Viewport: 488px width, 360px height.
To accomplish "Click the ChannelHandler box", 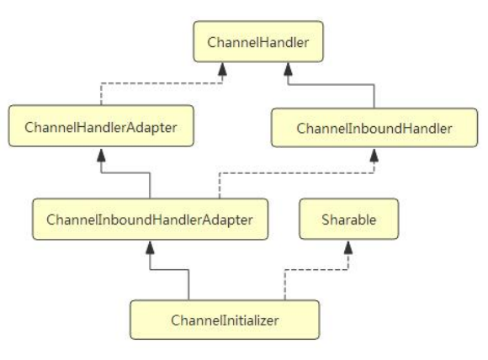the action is click(258, 41).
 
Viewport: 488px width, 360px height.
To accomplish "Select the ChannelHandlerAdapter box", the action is click(101, 125).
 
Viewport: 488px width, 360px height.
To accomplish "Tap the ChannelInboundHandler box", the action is click(374, 128).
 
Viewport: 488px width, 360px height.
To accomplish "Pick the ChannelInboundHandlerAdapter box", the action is click(150, 219).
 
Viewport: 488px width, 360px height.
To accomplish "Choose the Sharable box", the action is click(349, 219).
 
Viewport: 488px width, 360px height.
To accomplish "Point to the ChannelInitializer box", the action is click(225, 320).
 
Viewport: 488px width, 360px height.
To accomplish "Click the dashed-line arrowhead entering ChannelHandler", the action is click(222, 69).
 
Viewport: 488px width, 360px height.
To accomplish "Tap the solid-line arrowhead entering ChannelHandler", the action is click(289, 69).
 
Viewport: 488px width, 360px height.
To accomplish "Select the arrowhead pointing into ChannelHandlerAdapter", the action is click(101, 155).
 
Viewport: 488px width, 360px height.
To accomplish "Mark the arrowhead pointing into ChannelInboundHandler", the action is click(374, 156).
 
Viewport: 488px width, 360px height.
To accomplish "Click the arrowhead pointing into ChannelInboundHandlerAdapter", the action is click(150, 247).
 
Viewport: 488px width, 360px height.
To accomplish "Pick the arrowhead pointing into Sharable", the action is click(348, 247).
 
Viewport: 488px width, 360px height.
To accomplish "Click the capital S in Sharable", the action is click(326, 220).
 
